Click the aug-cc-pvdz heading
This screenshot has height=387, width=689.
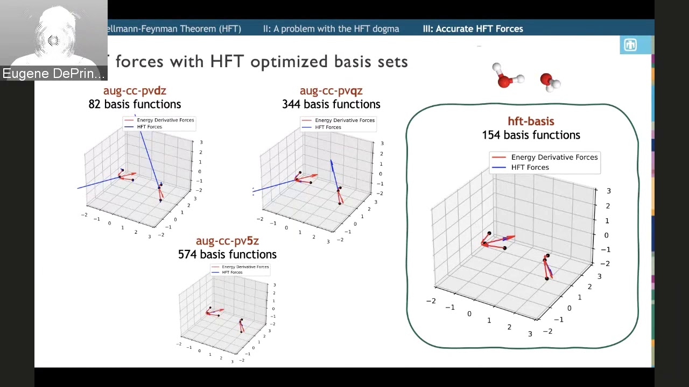[135, 91]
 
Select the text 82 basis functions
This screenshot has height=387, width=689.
[135, 104]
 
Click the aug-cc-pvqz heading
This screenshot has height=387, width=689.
[331, 91]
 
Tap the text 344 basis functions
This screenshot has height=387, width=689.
[331, 104]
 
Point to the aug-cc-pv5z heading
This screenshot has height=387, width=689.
[227, 241]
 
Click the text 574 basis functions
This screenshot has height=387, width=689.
[227, 254]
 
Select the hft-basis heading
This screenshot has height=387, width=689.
[531, 121]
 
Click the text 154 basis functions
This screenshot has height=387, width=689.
[531, 135]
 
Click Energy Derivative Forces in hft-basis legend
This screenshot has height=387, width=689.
[554, 157]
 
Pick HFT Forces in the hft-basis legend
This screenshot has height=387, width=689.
[530, 167]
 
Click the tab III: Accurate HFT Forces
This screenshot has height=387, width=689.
[473, 29]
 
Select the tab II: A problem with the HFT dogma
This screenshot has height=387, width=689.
[331, 29]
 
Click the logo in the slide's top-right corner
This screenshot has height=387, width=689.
[630, 45]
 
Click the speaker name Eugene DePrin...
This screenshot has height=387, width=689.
[53, 74]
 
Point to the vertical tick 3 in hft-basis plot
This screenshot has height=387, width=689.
[608, 191]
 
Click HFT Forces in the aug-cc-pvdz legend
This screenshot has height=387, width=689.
[149, 127]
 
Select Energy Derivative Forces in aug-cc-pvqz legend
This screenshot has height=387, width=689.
[344, 120]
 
